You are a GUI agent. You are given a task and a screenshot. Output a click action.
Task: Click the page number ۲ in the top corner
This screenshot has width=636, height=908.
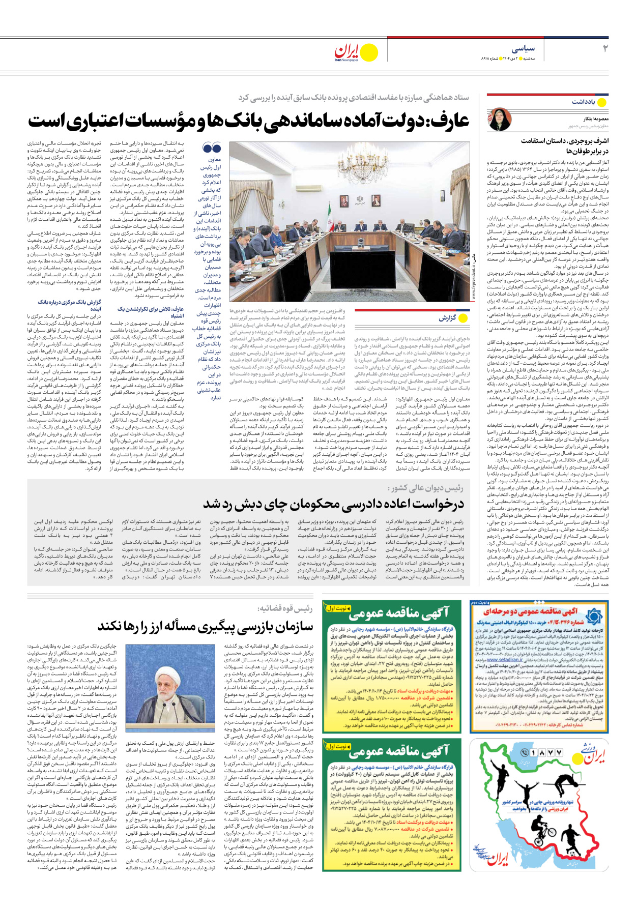605,49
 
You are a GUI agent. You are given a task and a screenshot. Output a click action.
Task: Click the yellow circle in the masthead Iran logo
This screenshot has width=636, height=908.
369,52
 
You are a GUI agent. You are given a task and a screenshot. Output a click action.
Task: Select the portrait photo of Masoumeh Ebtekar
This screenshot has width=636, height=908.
500,119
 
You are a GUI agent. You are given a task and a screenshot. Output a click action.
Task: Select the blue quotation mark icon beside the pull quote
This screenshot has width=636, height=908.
211,148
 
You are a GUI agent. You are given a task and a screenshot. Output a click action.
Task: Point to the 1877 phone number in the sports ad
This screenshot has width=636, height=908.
545,752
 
